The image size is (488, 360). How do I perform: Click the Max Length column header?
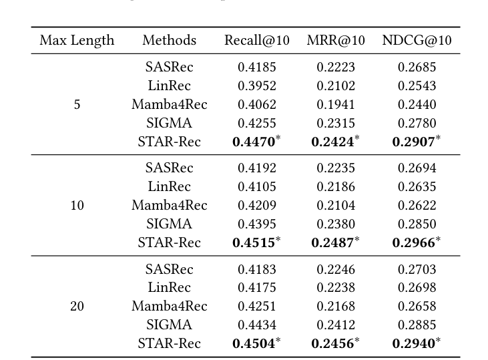click(77, 40)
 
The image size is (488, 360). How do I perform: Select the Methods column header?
click(170, 40)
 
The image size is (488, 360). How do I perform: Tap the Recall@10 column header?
click(257, 40)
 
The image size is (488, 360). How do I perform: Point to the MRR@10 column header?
click(336, 40)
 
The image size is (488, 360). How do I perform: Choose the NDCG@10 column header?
click(417, 40)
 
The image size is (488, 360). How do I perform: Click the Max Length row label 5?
click(77, 104)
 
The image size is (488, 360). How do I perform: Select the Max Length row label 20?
click(77, 307)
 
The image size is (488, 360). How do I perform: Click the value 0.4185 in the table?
click(257, 67)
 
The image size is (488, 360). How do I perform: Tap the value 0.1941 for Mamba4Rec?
click(336, 104)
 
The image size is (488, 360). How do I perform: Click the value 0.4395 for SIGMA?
click(257, 224)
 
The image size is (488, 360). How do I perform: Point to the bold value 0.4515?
click(254, 243)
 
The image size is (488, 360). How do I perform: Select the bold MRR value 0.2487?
click(333, 243)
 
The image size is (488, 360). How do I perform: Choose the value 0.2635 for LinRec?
click(417, 186)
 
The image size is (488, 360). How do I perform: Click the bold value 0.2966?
click(414, 243)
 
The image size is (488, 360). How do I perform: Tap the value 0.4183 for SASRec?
click(257, 269)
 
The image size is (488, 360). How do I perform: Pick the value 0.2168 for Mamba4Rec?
click(336, 307)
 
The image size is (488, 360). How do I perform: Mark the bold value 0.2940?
click(414, 344)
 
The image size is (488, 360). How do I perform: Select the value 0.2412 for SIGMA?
click(336, 325)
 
